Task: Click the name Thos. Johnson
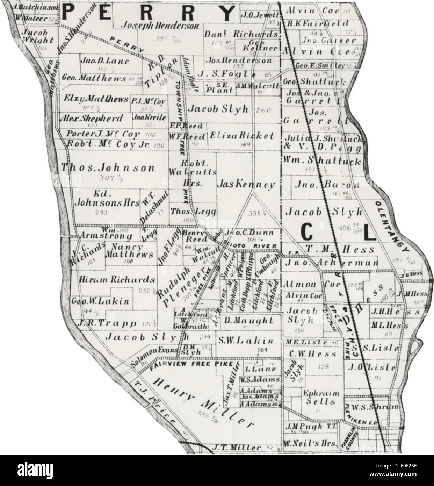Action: [108, 168]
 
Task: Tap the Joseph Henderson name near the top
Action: [160, 26]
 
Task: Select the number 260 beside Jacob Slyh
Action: [263, 110]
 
